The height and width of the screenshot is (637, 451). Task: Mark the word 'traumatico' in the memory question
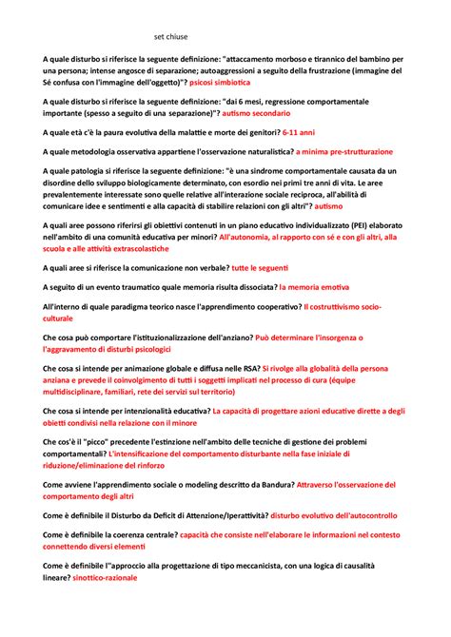tap(144, 288)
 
